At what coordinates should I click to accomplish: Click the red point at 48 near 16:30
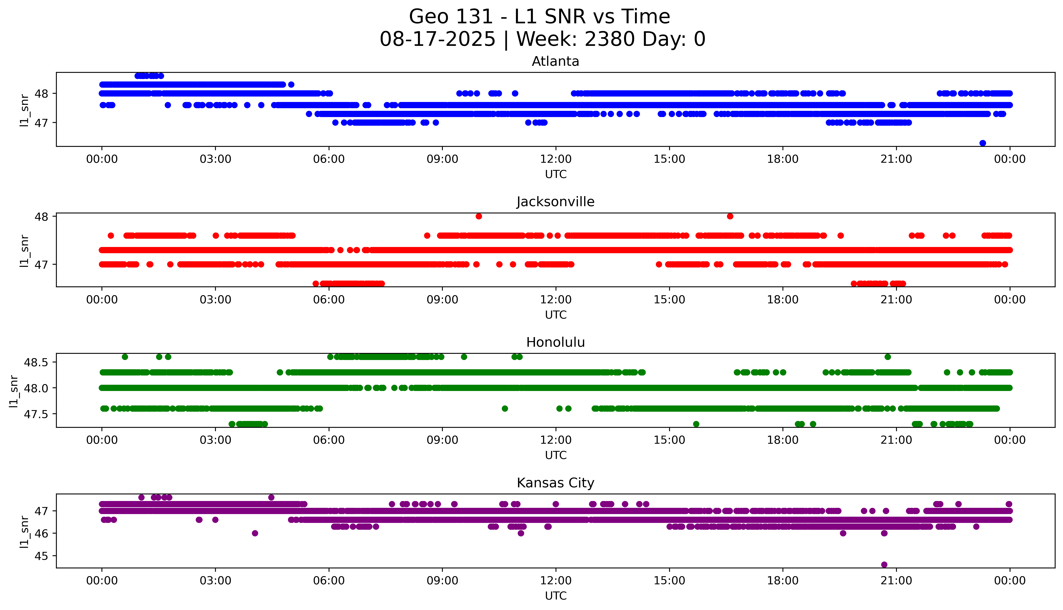click(x=730, y=216)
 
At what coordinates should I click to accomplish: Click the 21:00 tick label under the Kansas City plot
click(x=896, y=581)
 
